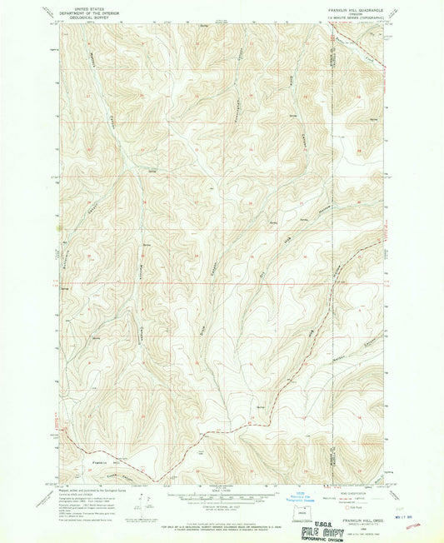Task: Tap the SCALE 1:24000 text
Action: pyautogui.click(x=221, y=488)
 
